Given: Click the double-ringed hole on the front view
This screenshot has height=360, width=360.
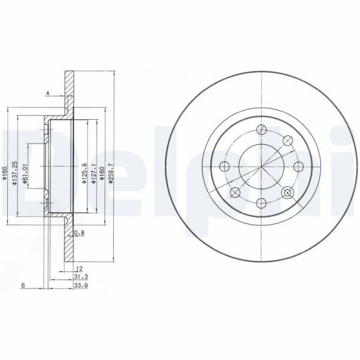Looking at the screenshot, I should [x=288, y=192].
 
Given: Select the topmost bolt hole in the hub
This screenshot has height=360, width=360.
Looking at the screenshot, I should [x=261, y=129].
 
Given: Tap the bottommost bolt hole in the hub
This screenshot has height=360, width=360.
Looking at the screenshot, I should [x=261, y=204].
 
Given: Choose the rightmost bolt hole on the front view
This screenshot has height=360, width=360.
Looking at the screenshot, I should [x=298, y=167].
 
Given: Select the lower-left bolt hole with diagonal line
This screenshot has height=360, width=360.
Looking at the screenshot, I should [x=235, y=192].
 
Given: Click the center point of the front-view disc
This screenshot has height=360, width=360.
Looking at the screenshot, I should [x=261, y=167].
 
